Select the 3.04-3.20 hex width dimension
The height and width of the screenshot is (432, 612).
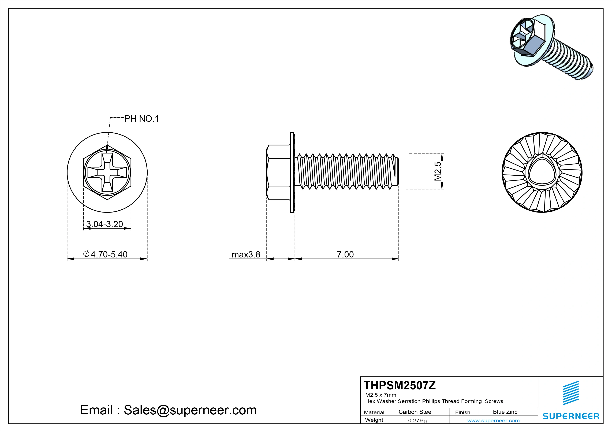[105, 224]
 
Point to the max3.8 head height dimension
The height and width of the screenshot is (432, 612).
[246, 254]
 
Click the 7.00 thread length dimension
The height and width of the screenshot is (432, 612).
[345, 254]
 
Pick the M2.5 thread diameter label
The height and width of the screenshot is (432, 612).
[438, 171]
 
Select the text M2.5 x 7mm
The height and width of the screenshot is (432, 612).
[381, 395]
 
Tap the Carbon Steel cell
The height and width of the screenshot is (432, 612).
[415, 412]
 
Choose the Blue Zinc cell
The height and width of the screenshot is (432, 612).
[505, 412]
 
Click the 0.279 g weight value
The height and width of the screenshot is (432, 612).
[418, 421]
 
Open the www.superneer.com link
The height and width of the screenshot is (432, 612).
[493, 421]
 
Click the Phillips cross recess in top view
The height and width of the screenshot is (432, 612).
[107, 172]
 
